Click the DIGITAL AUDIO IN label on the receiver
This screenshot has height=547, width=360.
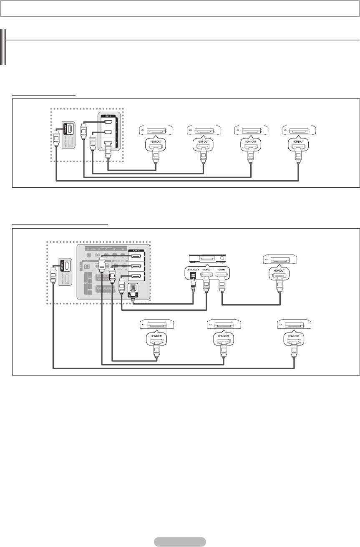pyautogui.click(x=193, y=270)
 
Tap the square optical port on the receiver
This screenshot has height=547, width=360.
pyautogui.click(x=193, y=276)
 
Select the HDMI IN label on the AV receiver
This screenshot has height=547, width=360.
pyautogui.click(x=222, y=270)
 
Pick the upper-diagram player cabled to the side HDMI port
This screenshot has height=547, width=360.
pyautogui.click(x=298, y=131)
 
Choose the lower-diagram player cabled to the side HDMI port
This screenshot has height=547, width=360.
pyautogui.click(x=295, y=324)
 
